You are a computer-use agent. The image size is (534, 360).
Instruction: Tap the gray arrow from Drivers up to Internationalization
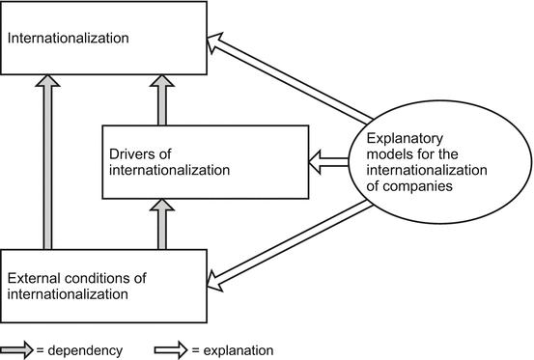pyautogui.click(x=162, y=100)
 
